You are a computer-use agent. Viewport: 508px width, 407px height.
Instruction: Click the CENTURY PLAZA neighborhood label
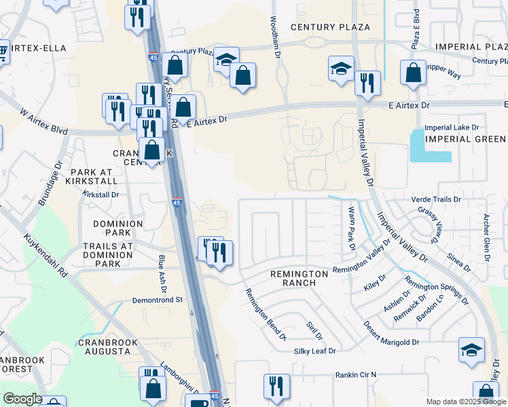(x=330, y=27)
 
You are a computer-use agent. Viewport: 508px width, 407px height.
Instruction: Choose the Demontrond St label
(x=158, y=299)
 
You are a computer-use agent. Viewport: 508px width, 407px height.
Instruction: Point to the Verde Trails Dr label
(x=437, y=199)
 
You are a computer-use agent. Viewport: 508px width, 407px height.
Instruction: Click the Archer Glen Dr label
(x=486, y=238)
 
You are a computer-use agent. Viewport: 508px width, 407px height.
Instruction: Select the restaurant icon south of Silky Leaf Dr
(x=276, y=387)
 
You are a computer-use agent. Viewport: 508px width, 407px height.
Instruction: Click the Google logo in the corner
(x=22, y=399)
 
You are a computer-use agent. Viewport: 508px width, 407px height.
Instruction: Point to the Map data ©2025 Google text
(x=465, y=402)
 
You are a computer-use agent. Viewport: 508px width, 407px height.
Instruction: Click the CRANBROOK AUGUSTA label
(x=104, y=347)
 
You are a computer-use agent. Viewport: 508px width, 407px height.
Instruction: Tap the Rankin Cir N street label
(x=355, y=374)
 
